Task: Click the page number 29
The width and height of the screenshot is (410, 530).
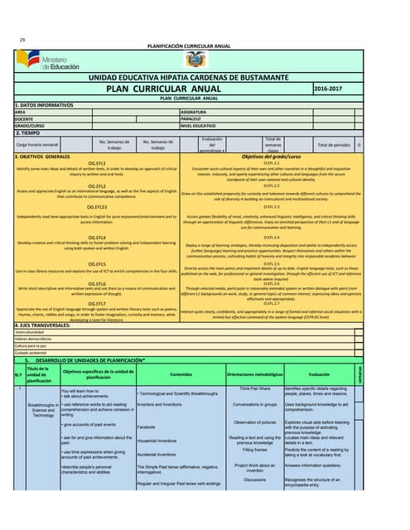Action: click(x=22, y=40)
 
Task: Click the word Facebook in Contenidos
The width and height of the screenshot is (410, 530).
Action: click(x=147, y=450)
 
